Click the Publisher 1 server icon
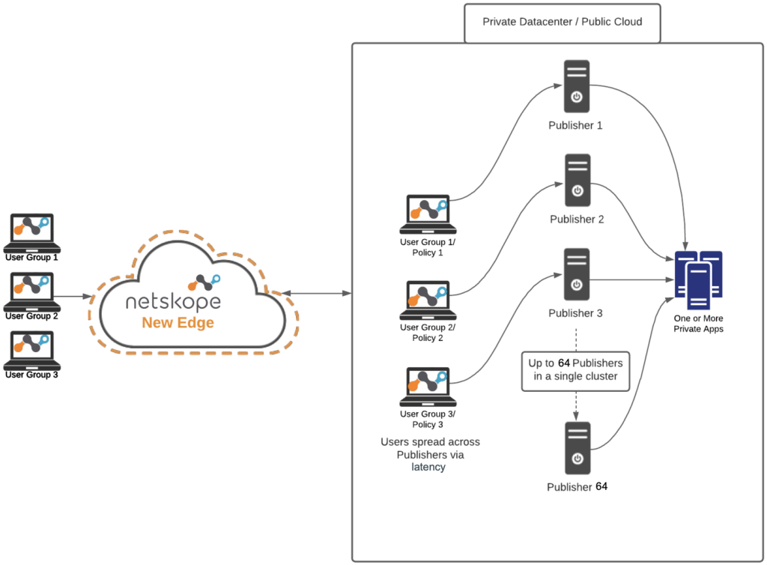point(576,86)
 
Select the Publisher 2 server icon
point(577,180)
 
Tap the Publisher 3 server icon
point(576,274)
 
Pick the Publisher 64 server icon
point(577,448)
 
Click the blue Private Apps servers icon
point(698,280)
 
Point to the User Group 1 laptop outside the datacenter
point(32,233)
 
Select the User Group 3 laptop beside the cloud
point(32,350)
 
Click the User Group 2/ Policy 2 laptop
point(428,300)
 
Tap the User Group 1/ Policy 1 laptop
point(428,214)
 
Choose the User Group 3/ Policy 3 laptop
point(428,387)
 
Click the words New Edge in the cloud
point(178,323)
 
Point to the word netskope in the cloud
point(173,302)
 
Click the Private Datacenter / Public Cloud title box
point(562,23)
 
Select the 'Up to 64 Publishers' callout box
point(575,371)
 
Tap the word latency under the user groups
point(428,467)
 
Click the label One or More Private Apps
point(698,324)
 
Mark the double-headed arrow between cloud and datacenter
point(317,293)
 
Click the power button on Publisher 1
point(577,97)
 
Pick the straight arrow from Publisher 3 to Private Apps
point(632,280)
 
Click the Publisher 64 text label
point(577,487)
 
